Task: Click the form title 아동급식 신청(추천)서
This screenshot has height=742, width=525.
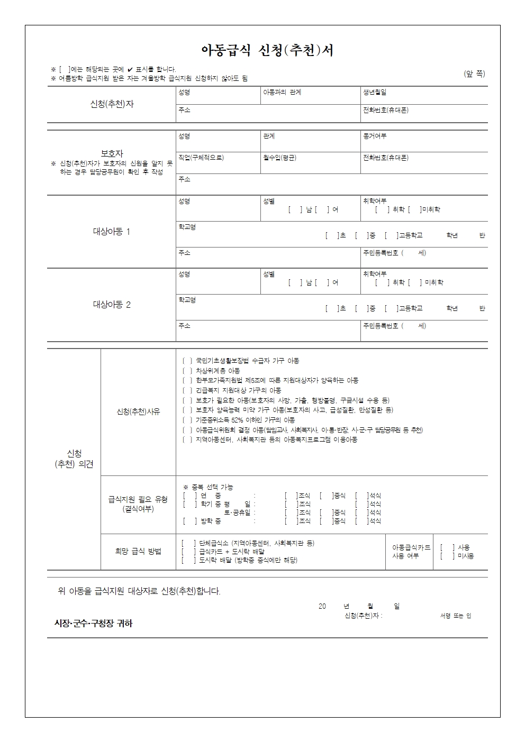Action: click(267, 50)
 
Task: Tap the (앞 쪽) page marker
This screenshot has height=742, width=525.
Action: click(474, 74)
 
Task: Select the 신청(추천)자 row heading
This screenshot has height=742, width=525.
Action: click(112, 104)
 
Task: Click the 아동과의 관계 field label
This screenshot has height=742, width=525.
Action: click(282, 93)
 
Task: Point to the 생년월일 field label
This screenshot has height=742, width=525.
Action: click(375, 93)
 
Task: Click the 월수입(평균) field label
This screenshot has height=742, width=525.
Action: click(280, 158)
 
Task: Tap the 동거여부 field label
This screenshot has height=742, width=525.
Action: click(375, 136)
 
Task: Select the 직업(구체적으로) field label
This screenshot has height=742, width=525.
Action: click(201, 158)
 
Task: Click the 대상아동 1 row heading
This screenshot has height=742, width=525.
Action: click(112, 232)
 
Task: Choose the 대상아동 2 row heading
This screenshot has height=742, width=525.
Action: click(112, 305)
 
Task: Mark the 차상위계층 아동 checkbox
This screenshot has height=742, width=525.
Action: click(187, 371)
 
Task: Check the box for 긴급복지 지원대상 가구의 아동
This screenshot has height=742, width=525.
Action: click(187, 390)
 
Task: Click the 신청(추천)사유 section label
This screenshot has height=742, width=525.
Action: click(138, 411)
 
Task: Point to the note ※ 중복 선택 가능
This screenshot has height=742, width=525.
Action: click(208, 487)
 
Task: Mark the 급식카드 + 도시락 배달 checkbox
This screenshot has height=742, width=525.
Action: click(188, 552)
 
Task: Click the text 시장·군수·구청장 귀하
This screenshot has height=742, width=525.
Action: click(94, 624)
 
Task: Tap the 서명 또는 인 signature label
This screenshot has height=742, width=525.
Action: click(455, 616)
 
